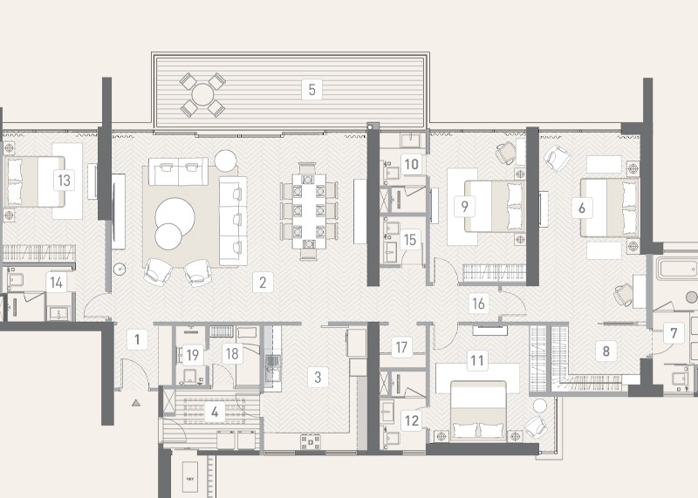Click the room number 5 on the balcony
click(311, 90)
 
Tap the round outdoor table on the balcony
click(202, 95)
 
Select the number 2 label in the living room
click(263, 283)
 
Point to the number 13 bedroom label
click(64, 181)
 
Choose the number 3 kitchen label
click(318, 377)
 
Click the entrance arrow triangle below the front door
click(136, 403)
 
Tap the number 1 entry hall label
click(137, 339)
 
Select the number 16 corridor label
click(478, 304)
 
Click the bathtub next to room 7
click(678, 269)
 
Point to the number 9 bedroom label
click(465, 207)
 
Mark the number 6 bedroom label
click(582, 208)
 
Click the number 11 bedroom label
click(477, 360)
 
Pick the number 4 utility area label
click(215, 413)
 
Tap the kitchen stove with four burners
click(311, 442)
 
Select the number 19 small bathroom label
click(192, 355)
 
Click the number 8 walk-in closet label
click(606, 351)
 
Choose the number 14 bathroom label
click(56, 283)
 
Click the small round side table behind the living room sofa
click(226, 160)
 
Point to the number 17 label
click(401, 347)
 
